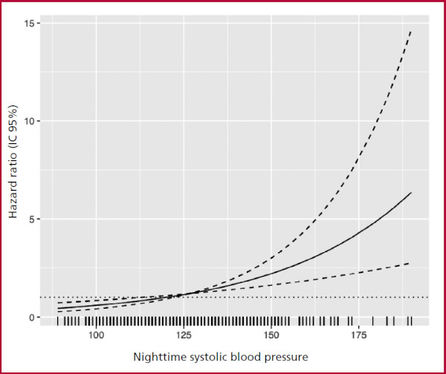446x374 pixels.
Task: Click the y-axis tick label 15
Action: [29, 23]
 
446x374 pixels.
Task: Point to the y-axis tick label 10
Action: [29, 121]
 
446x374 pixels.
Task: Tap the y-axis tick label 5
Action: [31, 219]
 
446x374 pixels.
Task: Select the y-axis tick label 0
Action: [31, 318]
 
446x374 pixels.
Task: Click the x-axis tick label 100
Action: [96, 335]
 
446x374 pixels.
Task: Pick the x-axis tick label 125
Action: [184, 335]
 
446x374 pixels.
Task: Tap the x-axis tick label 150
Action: [271, 335]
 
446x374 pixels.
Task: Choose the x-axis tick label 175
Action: [359, 335]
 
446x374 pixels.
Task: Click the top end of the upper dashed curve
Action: [411, 31]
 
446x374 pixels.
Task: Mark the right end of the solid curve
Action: [411, 193]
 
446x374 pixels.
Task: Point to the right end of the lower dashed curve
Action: [410, 263]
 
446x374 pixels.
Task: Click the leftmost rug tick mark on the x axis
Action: [57, 321]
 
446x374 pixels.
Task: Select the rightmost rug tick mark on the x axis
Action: [411, 321]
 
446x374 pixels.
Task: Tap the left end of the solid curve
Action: [58, 308]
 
